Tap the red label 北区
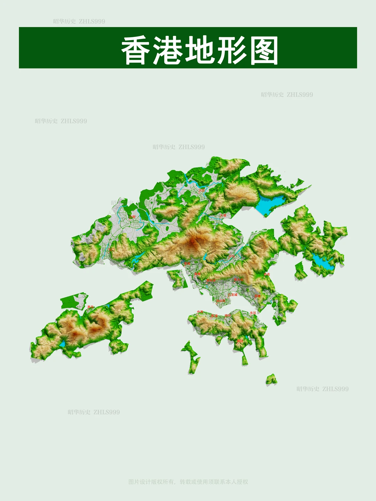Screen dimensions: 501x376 coord(202,191)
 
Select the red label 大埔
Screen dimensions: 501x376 coord(223,216)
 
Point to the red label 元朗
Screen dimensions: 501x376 coord(132,217)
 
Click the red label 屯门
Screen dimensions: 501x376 coord(111,249)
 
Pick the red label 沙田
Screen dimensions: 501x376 coord(232,256)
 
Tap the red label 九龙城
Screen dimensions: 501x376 coord(233,295)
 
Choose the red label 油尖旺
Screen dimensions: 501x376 coord(221,301)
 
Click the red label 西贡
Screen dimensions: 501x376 coord(267,275)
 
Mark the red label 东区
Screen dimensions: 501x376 coord(253,313)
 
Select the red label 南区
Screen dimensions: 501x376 coord(240,341)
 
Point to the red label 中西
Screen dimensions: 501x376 coord(200,312)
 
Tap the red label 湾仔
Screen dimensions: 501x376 coord(228,316)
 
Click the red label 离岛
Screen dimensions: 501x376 coord(91,307)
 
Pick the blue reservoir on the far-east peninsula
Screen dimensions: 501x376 coord(323,262)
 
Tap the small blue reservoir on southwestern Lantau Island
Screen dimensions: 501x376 coord(62,344)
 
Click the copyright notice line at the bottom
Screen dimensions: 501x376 coord(188,482)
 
